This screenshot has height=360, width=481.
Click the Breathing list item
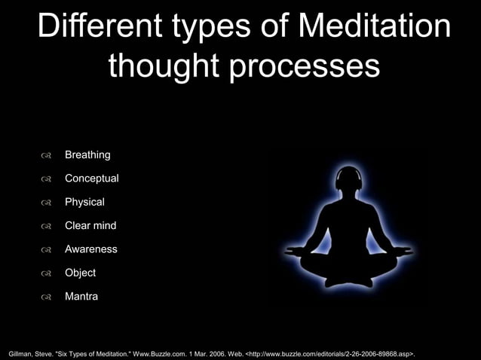pos(87,155)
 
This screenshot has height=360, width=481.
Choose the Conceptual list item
pos(91,178)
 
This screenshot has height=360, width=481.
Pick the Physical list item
pos(84,202)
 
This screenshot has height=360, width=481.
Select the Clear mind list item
pos(90,225)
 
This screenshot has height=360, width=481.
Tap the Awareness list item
pos(90,249)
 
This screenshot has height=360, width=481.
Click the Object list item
pos(80,273)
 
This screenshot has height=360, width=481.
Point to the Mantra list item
pos(81,297)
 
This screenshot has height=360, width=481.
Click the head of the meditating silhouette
pos(349,181)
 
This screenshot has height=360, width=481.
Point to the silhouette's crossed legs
pos(349,267)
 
